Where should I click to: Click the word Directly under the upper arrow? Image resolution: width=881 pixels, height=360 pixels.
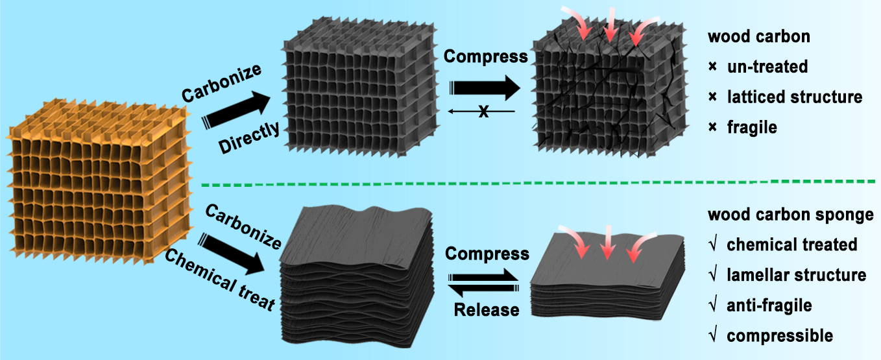[x=249, y=138]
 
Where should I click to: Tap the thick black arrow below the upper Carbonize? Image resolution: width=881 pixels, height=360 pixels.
[x=236, y=110]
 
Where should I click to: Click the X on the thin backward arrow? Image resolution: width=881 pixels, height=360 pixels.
[x=483, y=112]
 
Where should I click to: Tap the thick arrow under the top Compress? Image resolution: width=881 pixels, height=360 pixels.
[x=485, y=88]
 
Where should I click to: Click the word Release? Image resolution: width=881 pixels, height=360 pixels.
[x=487, y=309]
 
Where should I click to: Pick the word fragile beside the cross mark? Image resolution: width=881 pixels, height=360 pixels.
[x=752, y=128]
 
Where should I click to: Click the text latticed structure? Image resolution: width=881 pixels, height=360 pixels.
[x=795, y=97]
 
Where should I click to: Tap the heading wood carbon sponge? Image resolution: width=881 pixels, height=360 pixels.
[x=791, y=215]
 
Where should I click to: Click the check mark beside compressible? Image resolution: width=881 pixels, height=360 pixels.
[x=713, y=335]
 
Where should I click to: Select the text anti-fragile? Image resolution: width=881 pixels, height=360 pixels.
[x=769, y=306]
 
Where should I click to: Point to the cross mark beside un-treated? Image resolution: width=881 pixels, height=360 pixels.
[x=713, y=67]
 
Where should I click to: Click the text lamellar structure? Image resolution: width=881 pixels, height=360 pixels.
[x=797, y=275]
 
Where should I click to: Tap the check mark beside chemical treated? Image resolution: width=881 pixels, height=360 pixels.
[x=713, y=245]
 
